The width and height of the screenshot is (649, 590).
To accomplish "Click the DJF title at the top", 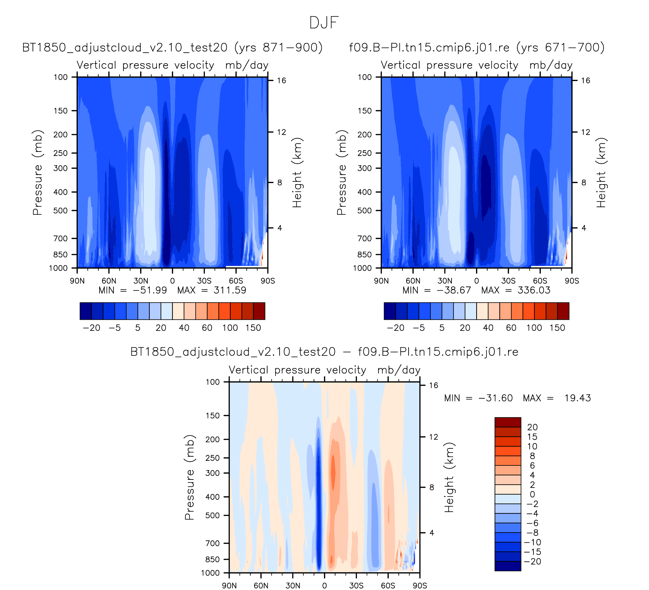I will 324,23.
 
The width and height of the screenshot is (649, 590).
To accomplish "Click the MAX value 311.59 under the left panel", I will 230,291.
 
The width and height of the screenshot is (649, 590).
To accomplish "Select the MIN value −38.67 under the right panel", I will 454,291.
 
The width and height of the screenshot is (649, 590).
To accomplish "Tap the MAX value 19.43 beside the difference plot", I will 577,398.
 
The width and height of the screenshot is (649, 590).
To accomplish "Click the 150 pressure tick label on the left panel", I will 61,111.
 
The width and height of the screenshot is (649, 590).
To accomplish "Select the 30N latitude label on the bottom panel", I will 293,586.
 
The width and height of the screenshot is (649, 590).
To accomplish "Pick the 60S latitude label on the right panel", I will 540,281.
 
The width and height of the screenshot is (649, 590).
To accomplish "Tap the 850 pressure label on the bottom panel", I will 212,559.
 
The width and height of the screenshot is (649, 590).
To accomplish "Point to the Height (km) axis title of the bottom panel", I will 449,478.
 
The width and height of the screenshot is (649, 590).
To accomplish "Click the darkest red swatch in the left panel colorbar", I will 259,311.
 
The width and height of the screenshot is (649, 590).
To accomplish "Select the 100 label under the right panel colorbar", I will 534,328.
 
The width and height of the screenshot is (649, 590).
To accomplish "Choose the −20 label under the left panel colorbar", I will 91,328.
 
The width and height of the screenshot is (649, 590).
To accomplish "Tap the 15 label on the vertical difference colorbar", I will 532,437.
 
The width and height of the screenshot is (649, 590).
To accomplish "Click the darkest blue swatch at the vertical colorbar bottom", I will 508,566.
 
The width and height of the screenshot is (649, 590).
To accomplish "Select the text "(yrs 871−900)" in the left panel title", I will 278,48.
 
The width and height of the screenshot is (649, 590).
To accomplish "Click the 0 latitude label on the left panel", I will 173,281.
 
